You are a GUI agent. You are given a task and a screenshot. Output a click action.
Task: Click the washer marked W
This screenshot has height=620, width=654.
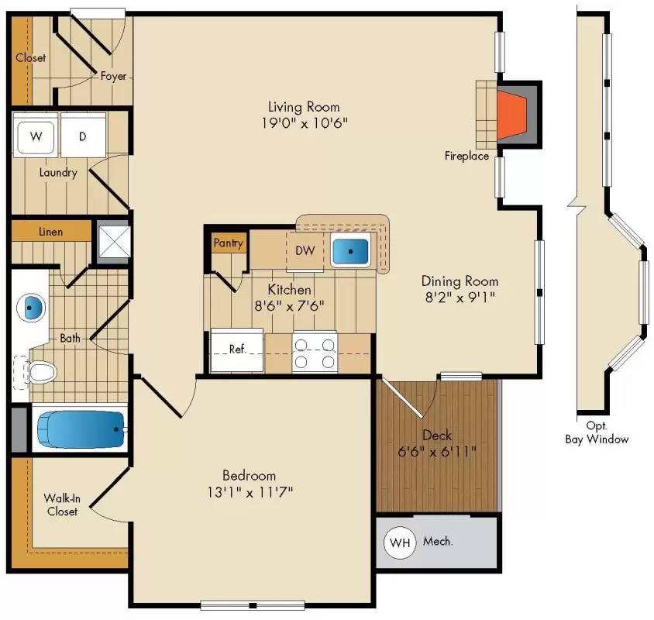pos(36,137)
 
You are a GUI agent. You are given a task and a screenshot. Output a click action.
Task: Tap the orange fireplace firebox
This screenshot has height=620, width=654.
pos(513,115)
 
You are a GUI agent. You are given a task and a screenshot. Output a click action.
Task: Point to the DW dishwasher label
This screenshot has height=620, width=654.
pos(305,250)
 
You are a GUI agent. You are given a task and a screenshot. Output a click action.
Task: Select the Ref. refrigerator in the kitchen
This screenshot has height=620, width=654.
pos(237,350)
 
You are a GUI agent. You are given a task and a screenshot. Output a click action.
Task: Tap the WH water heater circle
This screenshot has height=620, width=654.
pos(400,542)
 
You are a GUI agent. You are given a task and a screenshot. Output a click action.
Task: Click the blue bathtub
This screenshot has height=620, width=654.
pos(81,429)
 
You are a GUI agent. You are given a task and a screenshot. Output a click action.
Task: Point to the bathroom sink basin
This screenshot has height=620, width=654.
pos(30,308)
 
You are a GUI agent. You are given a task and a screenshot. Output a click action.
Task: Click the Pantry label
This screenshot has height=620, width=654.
pos(229,243)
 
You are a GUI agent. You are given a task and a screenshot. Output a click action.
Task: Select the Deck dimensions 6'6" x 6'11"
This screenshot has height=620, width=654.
pos(437,450)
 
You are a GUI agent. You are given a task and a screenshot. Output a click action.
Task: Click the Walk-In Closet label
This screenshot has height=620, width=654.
pos(62,505)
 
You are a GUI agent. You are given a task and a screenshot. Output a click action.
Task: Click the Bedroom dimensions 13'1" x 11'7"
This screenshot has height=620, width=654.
pos(249,491)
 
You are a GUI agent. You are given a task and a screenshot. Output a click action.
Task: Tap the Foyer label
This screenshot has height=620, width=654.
pos(113,76)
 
